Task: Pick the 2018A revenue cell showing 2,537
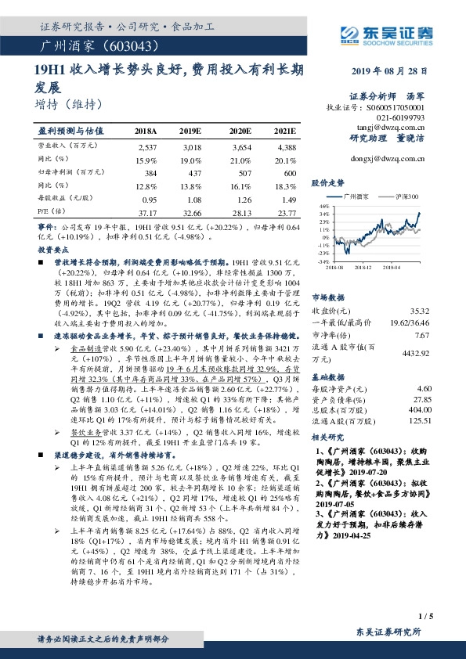click(x=147, y=147)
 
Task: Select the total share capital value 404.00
click(x=421, y=409)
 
